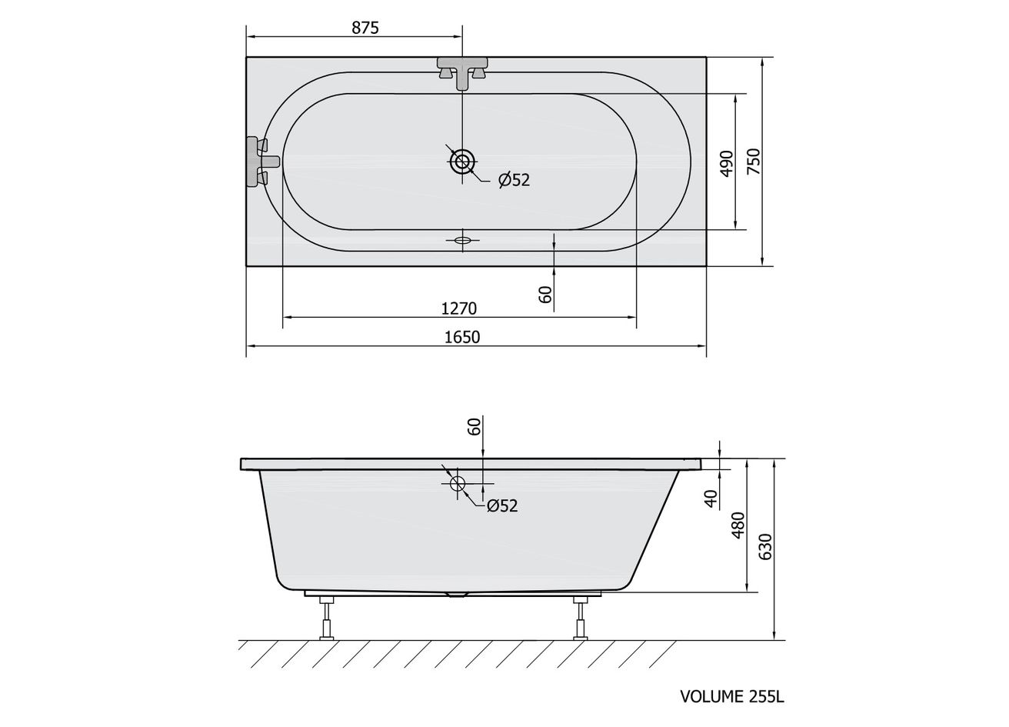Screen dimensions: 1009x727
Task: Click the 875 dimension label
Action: pos(365,28)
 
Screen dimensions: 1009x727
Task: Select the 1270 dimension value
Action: pos(458,308)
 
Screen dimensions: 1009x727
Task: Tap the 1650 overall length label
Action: pos(462,337)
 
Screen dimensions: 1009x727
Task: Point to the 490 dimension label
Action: pos(726,164)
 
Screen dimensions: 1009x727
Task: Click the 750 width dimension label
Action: pos(754,162)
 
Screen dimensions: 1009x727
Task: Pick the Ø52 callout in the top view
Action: pos(514,180)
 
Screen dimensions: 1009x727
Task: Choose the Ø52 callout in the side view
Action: pos(502,505)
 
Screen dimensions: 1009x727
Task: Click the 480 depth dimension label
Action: pos(739,525)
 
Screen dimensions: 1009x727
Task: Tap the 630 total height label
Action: pos(765,547)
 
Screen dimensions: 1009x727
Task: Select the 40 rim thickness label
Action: pos(711,499)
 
